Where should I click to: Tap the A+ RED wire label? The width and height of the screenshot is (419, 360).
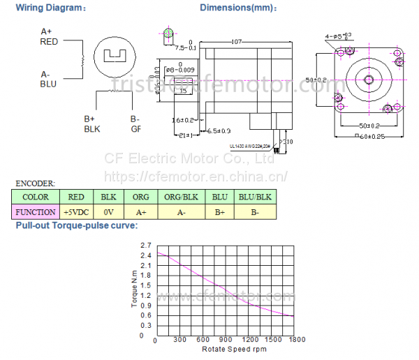point(49,36)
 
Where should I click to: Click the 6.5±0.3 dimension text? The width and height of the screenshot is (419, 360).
point(219,130)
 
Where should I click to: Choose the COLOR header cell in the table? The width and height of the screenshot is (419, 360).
point(36,197)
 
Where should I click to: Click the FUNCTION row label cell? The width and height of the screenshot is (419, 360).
point(36,211)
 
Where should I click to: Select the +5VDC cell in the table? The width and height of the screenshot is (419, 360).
point(76,211)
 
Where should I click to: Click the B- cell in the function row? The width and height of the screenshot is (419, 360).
point(255,211)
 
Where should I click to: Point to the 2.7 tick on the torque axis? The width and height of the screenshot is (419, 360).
point(145,245)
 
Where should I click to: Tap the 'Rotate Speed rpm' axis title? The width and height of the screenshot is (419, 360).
point(235,349)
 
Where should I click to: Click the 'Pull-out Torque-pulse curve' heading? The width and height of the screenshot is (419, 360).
point(76,225)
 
